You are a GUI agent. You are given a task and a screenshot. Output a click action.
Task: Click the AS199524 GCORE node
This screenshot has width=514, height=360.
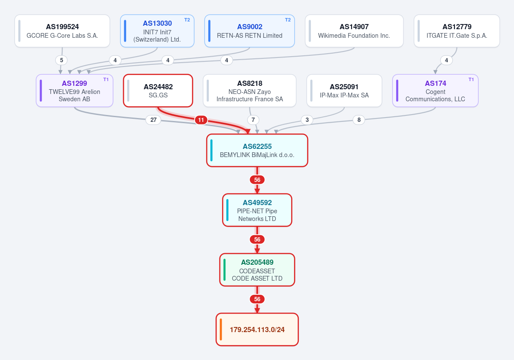pos(62,31)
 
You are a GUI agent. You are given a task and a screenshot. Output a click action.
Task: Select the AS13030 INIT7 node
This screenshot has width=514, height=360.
pos(157,31)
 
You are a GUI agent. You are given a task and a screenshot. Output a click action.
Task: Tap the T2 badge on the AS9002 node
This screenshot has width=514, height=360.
pos(288,20)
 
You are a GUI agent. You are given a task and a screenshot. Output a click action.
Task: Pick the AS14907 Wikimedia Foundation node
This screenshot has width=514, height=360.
pos(354,31)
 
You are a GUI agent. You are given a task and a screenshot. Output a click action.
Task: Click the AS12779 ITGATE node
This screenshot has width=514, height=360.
pos(457,31)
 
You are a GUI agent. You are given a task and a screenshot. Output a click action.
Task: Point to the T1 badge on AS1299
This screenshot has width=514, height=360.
pos(106,79)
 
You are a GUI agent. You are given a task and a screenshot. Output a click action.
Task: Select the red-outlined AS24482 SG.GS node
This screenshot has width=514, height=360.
pos(158,91)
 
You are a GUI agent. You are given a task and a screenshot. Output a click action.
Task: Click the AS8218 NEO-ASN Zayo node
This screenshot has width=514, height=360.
pos(249,91)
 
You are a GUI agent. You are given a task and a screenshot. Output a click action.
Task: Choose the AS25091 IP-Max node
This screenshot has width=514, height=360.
pos(344,91)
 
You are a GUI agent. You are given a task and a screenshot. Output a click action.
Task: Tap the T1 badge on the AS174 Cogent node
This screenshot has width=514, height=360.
pos(471,79)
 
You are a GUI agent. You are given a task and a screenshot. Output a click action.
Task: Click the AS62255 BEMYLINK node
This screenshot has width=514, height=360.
pos(257,150)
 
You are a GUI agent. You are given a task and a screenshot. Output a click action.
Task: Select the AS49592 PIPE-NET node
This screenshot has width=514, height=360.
pos(257,210)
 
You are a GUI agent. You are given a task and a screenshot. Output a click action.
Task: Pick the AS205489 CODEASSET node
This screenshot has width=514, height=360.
pos(257,270)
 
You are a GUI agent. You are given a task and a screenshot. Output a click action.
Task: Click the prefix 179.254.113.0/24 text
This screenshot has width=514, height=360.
pos(257,330)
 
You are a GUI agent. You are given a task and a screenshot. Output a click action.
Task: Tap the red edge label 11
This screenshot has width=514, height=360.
pos(201,120)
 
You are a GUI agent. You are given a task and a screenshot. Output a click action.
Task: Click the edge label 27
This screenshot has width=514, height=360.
pos(153,120)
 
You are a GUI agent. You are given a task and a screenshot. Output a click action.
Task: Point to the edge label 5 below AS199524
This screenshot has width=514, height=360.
pos(61,60)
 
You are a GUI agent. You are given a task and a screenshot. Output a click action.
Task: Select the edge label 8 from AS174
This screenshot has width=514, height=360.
pos(359,120)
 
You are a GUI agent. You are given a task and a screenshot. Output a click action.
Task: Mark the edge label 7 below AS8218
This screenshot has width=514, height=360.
pos(253,120)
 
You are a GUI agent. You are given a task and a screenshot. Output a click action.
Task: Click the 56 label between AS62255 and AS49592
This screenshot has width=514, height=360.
pos(257,180)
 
